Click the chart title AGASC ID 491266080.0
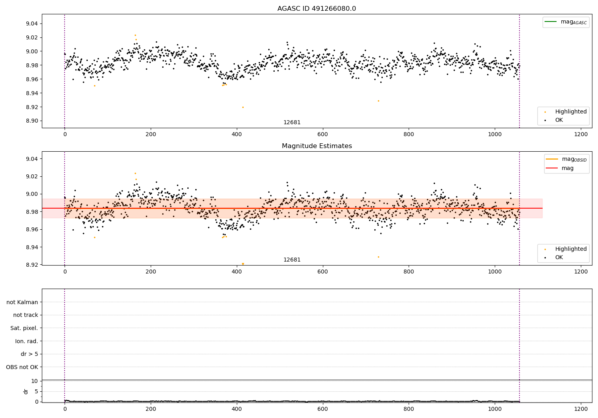tap(317, 9)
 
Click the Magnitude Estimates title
tap(317, 146)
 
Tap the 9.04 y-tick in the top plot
tap(32, 24)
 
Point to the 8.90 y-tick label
tap(32, 121)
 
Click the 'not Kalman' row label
tap(22, 302)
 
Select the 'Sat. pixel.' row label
tap(24, 328)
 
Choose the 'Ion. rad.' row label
tap(26, 341)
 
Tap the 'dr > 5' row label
tap(29, 354)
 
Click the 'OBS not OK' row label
tap(22, 367)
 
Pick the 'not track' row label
tap(26, 315)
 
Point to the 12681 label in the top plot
tap(292, 123)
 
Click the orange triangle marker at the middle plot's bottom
tap(243, 264)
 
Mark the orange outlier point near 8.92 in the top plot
tap(243, 107)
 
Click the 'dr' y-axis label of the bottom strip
tap(26, 391)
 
